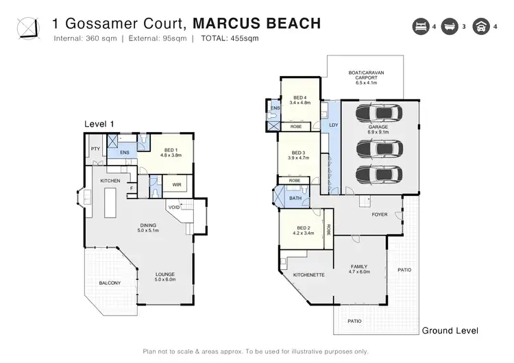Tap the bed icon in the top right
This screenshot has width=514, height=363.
click(418, 27)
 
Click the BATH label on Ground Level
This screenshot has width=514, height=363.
click(295, 198)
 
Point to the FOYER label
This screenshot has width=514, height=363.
click(379, 214)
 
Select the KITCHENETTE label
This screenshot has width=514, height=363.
click(308, 275)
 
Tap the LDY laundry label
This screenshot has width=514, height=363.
click(334, 125)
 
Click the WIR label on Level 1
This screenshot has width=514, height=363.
click(177, 184)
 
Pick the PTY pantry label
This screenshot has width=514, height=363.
click(95, 149)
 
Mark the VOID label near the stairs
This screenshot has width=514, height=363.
click(173, 207)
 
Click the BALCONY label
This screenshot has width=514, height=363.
click(108, 283)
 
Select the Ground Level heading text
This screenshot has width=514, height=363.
click(450, 331)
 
